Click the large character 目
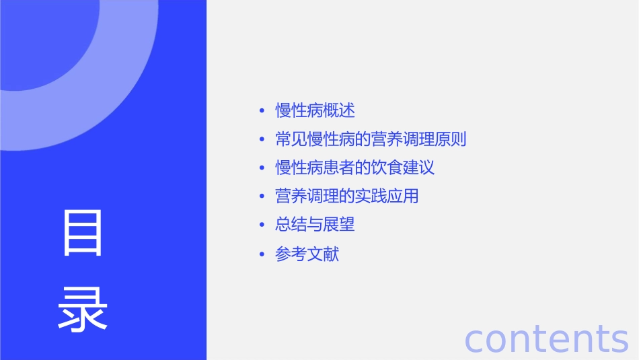(x=83, y=233)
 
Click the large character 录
(x=83, y=310)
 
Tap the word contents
(x=546, y=338)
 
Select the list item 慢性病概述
(x=315, y=110)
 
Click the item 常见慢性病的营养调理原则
(x=371, y=139)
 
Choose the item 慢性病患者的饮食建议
(x=355, y=168)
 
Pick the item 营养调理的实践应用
(x=347, y=196)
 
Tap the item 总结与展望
(x=315, y=225)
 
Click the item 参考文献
(x=307, y=254)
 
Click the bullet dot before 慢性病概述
(x=262, y=111)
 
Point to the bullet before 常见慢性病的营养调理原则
(x=262, y=140)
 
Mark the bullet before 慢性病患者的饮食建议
(x=262, y=168)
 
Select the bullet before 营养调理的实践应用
(x=262, y=196)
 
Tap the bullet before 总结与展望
(x=262, y=225)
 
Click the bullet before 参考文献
(x=262, y=255)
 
